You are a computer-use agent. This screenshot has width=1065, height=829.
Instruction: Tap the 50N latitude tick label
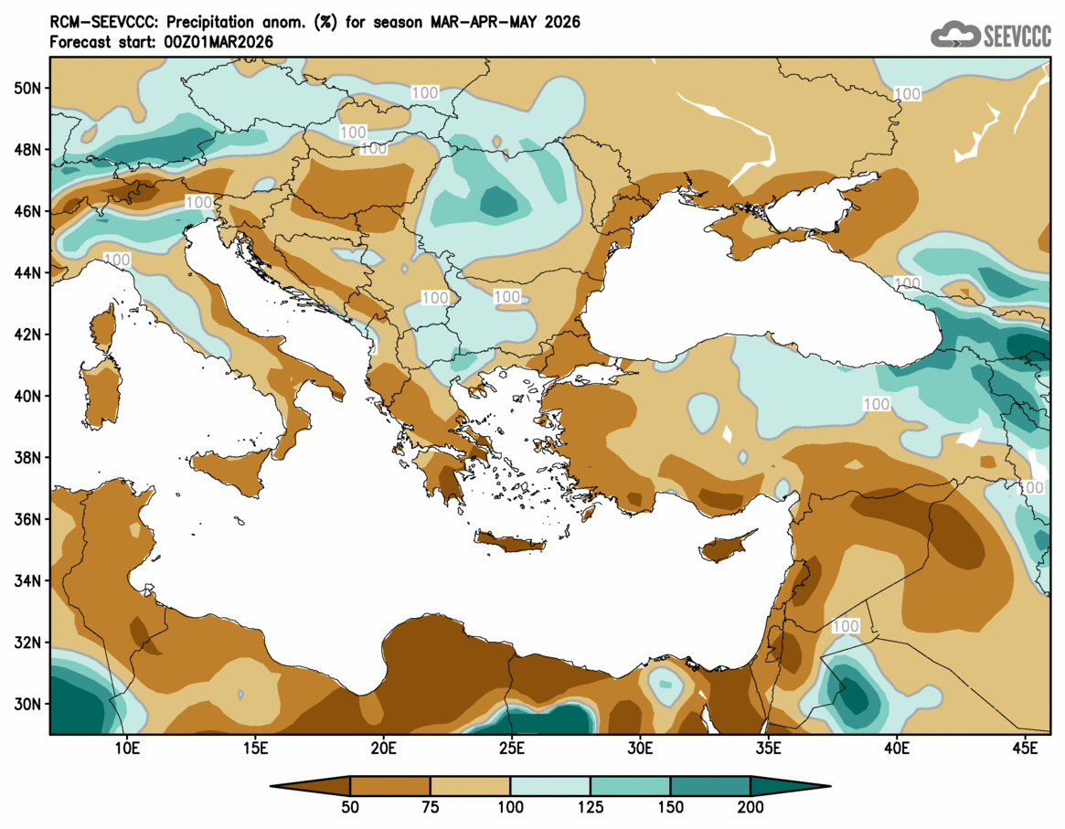click(28, 88)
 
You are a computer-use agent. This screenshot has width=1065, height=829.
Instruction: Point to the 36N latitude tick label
click(28, 519)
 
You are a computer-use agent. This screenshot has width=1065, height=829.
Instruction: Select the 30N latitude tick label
click(28, 704)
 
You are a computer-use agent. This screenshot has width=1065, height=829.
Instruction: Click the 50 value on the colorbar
click(350, 807)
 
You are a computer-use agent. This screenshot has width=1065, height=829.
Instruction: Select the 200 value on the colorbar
click(751, 807)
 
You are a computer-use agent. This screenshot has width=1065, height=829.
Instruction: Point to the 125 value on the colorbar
click(591, 807)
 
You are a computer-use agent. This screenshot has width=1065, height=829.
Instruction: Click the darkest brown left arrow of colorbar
click(311, 785)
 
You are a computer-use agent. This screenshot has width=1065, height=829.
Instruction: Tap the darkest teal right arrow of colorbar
click(790, 785)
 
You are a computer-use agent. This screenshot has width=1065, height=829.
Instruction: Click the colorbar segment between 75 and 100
click(470, 785)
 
